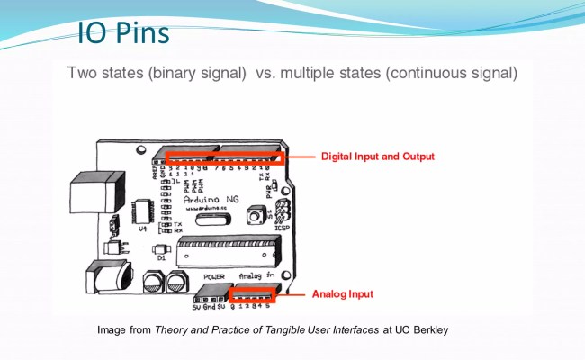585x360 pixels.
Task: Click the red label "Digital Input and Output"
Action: pos(378,157)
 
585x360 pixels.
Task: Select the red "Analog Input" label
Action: pos(342,294)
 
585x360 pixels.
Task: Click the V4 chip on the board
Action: pos(143,211)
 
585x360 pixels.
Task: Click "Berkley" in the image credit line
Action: pos(425,330)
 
